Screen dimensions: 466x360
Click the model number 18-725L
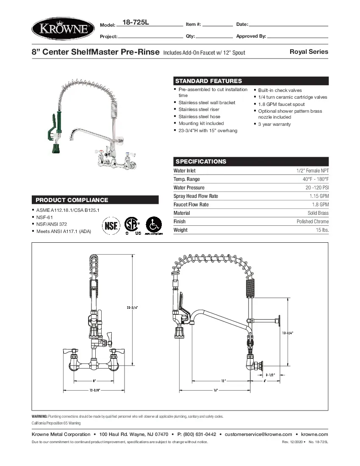135,22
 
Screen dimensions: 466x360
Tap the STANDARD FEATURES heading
208,81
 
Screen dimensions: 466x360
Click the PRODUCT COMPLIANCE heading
72,200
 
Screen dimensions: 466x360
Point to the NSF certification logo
111,224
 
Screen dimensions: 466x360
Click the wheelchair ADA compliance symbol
153,224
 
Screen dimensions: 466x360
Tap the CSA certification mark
132,224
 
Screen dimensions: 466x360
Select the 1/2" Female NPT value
312,171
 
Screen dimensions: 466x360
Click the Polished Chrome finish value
313,222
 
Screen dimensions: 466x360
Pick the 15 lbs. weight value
322,230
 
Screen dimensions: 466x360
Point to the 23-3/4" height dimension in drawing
132,308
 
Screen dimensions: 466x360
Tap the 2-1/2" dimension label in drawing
270,375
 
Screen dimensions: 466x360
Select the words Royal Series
309,52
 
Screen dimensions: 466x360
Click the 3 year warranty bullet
274,124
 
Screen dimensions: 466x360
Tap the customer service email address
258,434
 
